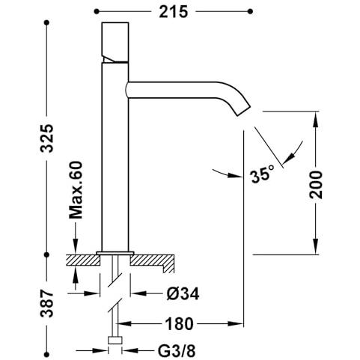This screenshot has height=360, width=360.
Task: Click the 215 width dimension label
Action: pos(173,12)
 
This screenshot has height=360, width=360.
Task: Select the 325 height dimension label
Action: pos(47,138)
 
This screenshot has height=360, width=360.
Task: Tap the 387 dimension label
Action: pos(47,303)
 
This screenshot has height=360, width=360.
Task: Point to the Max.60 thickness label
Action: pos(76,190)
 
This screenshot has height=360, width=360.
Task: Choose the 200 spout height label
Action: pos(316,185)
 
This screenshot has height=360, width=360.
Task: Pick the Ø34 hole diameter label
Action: pos(183,294)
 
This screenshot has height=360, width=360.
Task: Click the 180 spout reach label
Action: pos(179,324)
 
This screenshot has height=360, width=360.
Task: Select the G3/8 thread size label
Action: pos(177,351)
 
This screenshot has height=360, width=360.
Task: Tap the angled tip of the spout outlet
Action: pos(243,110)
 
